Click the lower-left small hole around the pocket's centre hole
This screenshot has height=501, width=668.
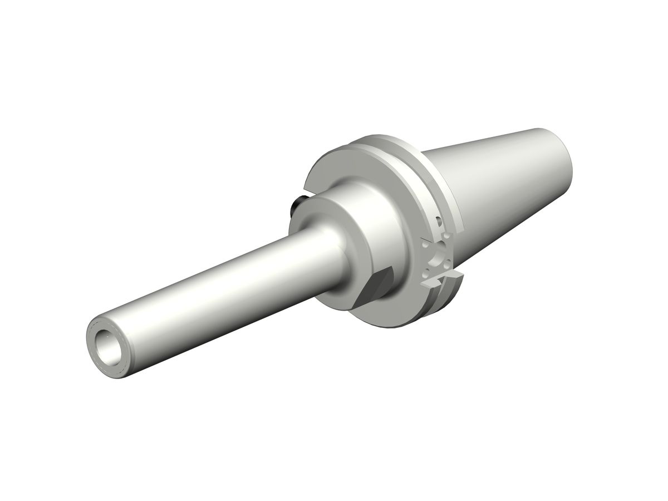coord(428,273)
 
